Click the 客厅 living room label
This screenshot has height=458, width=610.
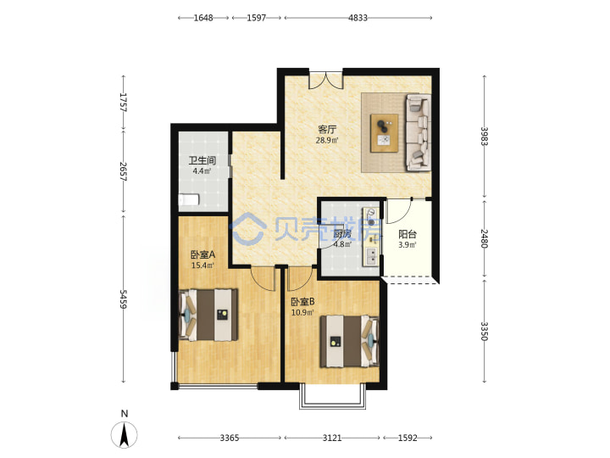click(x=327, y=129)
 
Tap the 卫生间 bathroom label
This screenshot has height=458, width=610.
click(x=202, y=160)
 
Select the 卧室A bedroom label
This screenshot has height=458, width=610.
click(x=202, y=255)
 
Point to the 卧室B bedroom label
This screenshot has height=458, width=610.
click(x=302, y=302)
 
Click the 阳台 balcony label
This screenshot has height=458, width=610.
click(x=408, y=234)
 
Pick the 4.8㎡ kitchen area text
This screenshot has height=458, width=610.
click(x=342, y=244)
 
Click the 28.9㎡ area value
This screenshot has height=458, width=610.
click(x=327, y=140)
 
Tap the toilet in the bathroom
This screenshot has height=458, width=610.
click(x=189, y=200)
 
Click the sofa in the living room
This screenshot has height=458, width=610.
click(x=419, y=132)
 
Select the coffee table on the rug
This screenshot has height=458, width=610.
click(x=385, y=133)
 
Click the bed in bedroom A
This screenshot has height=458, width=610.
click(x=208, y=315)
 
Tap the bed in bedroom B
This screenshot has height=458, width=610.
click(x=349, y=342)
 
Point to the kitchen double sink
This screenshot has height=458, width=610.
click(x=372, y=256)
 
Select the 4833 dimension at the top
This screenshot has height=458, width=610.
click(x=358, y=18)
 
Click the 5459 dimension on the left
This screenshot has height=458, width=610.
click(x=124, y=299)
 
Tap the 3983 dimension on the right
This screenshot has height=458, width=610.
click(x=485, y=137)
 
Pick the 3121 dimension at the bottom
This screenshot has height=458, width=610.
click(x=332, y=438)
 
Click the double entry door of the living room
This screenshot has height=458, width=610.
click(x=326, y=80)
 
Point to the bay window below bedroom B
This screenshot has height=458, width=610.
click(x=333, y=397)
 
